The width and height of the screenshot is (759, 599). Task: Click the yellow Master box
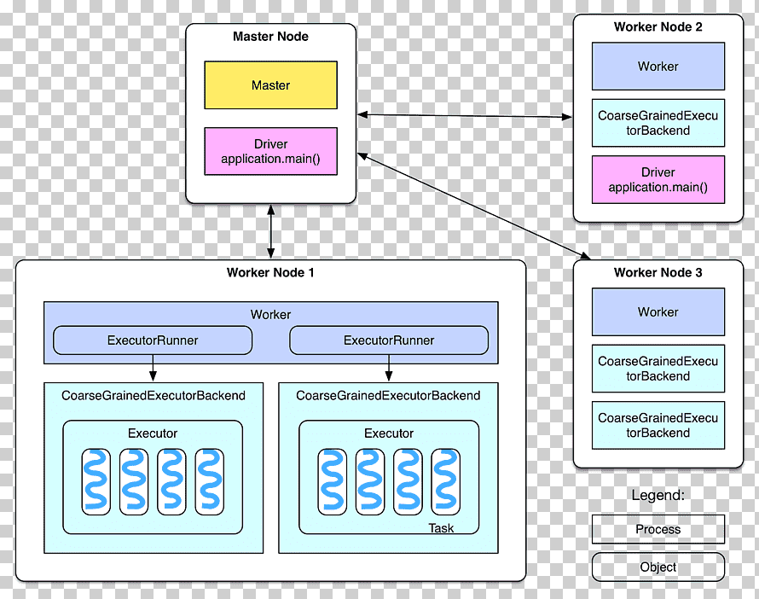(x=270, y=84)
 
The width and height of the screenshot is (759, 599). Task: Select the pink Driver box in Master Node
(x=270, y=151)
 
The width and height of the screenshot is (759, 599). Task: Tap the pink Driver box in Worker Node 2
(x=658, y=180)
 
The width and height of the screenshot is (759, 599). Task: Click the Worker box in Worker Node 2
(x=658, y=67)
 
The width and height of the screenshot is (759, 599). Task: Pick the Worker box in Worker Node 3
(x=658, y=311)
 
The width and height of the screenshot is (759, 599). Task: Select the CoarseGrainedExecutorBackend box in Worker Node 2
(x=658, y=123)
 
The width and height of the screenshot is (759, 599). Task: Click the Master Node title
(x=270, y=37)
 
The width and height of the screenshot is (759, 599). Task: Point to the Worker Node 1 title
(x=270, y=273)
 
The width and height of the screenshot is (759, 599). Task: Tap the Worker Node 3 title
(x=658, y=273)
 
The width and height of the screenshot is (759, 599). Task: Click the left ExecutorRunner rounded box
(x=153, y=340)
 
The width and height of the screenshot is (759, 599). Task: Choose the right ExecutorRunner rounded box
(x=389, y=340)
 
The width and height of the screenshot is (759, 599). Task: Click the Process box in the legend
(x=658, y=529)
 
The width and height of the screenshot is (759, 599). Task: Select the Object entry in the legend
(x=658, y=567)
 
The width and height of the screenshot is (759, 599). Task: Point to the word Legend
(x=658, y=495)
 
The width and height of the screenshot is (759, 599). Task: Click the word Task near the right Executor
(x=441, y=528)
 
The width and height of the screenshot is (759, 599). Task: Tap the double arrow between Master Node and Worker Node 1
(x=270, y=231)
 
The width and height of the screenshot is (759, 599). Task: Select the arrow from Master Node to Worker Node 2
(x=465, y=116)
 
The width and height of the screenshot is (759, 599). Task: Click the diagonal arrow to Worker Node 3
(x=474, y=206)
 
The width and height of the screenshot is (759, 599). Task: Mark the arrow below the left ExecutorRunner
(x=153, y=368)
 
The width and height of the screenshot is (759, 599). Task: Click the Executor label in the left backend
(x=153, y=433)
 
